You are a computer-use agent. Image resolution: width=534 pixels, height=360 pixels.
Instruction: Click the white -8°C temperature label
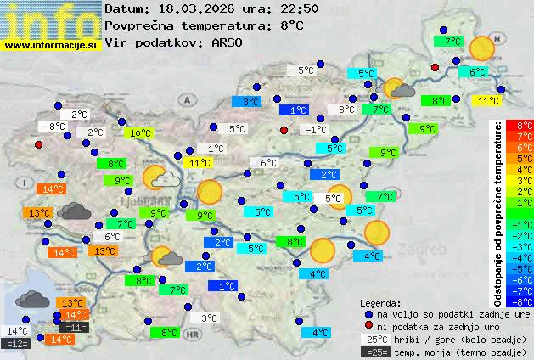(54, 127)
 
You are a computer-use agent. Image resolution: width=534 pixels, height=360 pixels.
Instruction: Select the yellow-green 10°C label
(139, 132)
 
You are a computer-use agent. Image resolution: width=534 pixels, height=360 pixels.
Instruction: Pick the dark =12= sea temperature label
(16, 344)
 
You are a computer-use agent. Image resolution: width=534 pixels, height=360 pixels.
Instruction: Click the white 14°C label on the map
(16, 331)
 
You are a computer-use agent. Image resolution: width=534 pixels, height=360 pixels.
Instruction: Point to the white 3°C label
(209, 318)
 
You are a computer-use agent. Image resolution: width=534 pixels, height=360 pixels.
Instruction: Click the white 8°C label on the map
(346, 110)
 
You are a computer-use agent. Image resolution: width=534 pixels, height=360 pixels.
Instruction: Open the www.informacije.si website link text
(51, 46)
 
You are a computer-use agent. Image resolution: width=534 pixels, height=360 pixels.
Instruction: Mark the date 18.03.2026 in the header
(184, 8)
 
